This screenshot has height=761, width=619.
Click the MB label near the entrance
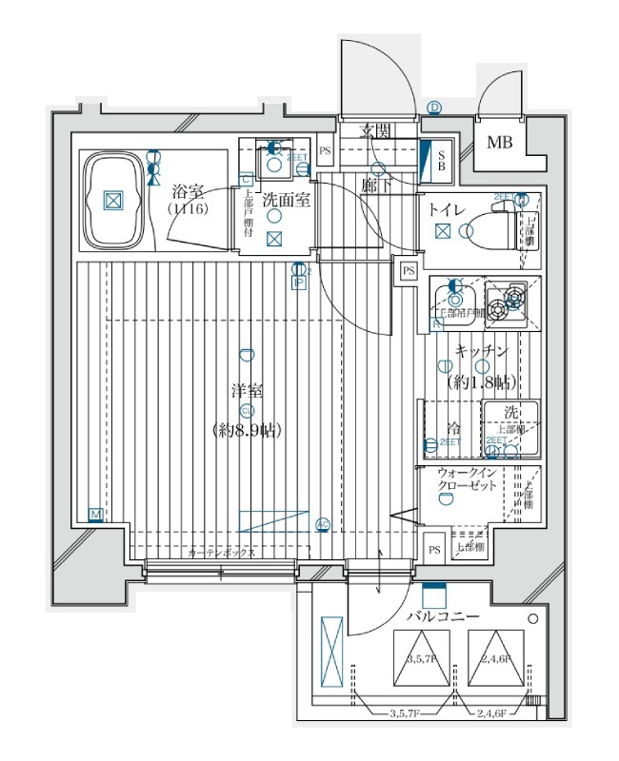tap(498, 144)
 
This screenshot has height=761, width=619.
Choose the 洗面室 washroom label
tap(282, 201)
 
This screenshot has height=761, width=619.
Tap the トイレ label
tap(446, 209)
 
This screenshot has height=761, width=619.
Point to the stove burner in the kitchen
tap(513, 298)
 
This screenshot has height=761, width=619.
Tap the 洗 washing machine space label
tap(511, 413)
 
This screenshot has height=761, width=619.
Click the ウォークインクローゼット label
tap(467, 480)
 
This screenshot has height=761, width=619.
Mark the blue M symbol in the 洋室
tap(95, 515)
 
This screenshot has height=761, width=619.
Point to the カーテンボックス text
tap(221, 553)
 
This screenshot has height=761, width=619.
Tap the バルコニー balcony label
tap(443, 617)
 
